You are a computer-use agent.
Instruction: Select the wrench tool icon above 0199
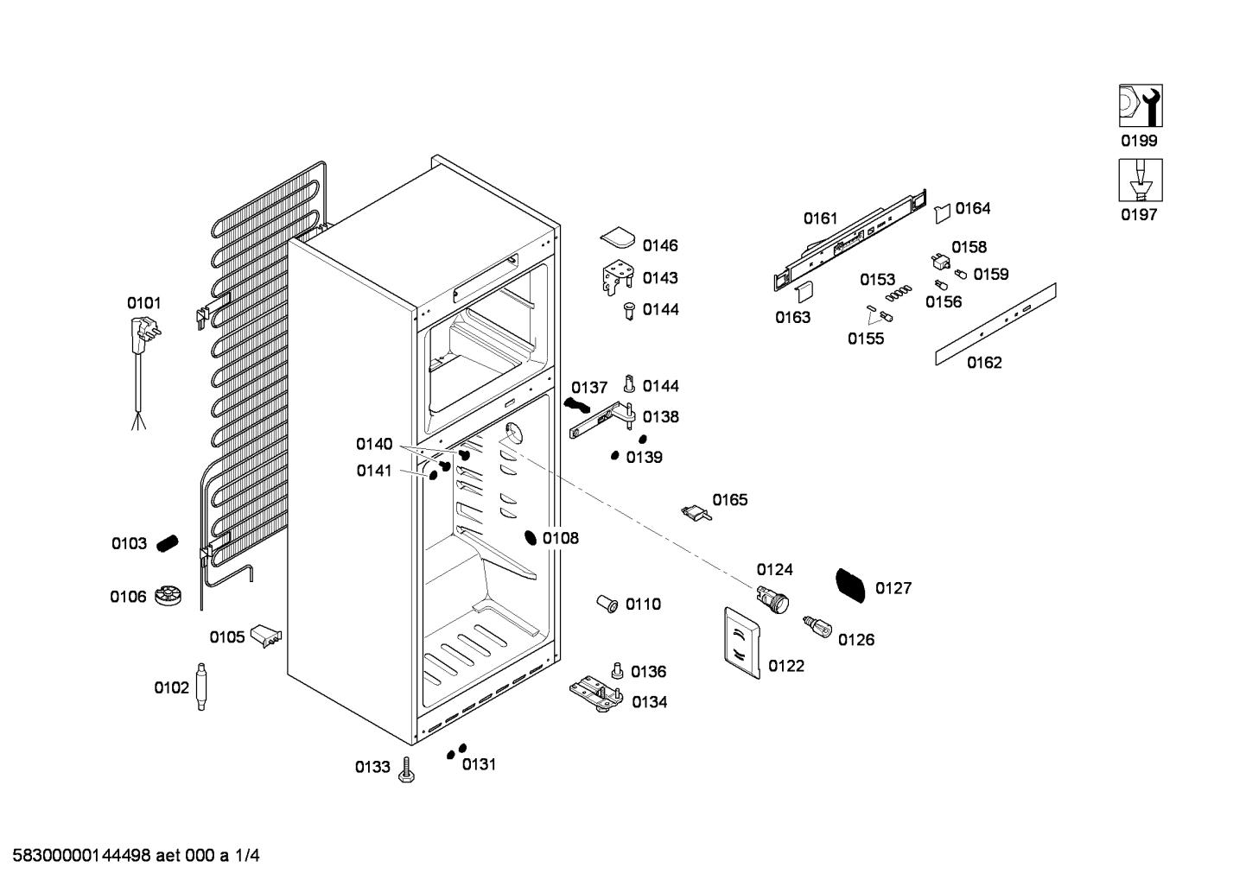1141,105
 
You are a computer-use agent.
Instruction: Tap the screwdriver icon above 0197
1141,180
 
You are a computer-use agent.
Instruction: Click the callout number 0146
660,246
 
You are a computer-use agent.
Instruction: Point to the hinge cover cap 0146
618,237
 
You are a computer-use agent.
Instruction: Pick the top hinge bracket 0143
618,278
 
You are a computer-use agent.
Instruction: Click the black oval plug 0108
531,537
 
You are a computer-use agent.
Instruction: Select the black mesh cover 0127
850,586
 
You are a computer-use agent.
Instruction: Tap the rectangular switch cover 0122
742,643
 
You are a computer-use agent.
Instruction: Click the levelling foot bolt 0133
407,770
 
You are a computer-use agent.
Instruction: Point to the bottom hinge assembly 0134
596,693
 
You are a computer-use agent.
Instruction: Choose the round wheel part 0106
168,596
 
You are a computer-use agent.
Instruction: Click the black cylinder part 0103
167,543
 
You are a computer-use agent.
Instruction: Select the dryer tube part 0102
201,687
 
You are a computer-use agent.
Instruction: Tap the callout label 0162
984,363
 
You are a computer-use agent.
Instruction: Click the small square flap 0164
943,213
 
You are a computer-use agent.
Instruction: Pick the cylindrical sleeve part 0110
607,604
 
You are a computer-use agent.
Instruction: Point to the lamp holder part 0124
772,599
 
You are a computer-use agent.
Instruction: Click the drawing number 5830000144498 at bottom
82,856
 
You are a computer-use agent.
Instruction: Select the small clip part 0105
266,636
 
